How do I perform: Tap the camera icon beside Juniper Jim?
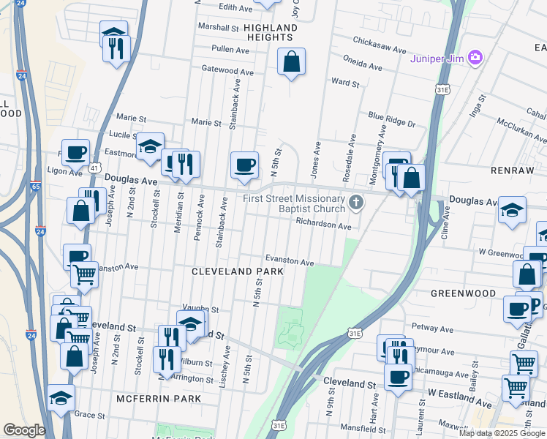coord(476,57)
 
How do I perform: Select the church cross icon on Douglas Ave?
coord(356,203)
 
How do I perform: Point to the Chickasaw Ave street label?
coord(379,45)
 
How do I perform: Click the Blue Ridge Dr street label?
coord(391,120)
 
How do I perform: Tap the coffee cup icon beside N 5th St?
coord(244,164)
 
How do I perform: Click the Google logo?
coord(24,430)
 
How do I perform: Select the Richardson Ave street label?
coord(323,226)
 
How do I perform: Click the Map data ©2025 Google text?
coord(502,433)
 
